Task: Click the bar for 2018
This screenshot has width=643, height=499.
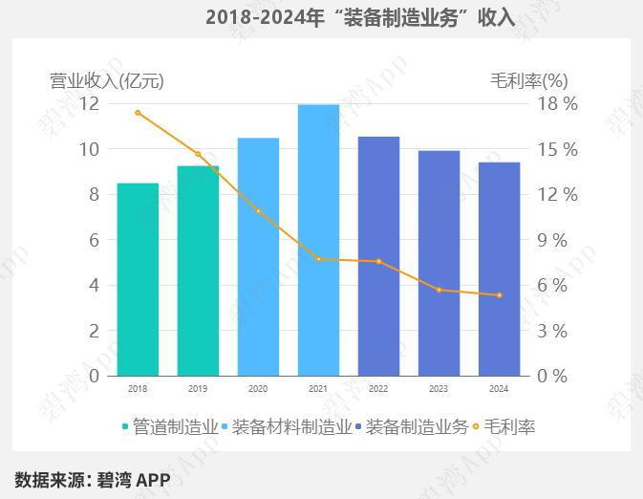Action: (x=138, y=279)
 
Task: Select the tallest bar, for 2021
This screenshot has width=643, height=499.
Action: (x=318, y=240)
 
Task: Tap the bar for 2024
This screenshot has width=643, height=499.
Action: (x=499, y=270)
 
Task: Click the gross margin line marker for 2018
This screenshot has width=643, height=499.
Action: (x=138, y=113)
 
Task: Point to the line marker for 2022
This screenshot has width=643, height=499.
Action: (x=378, y=261)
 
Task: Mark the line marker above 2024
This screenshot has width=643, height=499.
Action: (x=499, y=295)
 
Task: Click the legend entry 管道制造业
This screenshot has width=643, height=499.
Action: (x=169, y=426)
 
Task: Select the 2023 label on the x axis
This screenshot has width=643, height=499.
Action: (x=439, y=389)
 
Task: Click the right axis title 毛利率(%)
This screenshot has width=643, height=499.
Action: (x=529, y=81)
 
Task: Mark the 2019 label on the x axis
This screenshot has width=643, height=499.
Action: (x=198, y=389)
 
